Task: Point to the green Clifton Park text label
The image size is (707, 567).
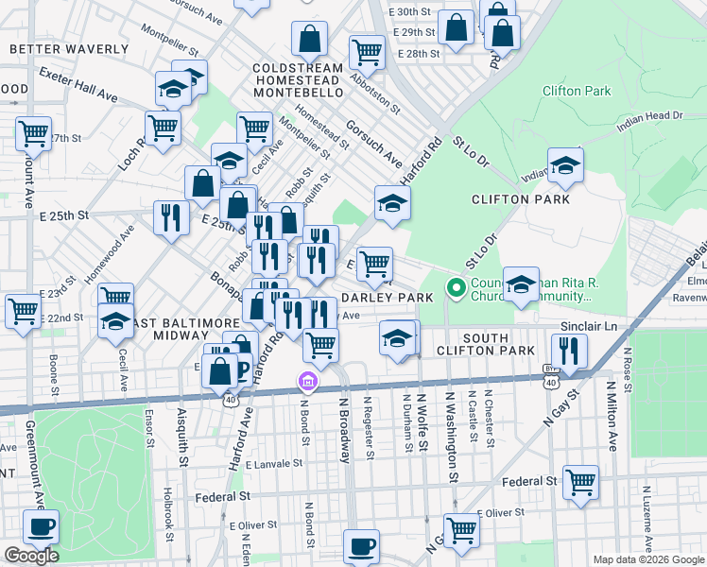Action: (577, 92)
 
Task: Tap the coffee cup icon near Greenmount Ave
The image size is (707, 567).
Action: (40, 526)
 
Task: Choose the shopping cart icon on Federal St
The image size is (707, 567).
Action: (580, 481)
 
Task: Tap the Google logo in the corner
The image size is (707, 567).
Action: (31, 556)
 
